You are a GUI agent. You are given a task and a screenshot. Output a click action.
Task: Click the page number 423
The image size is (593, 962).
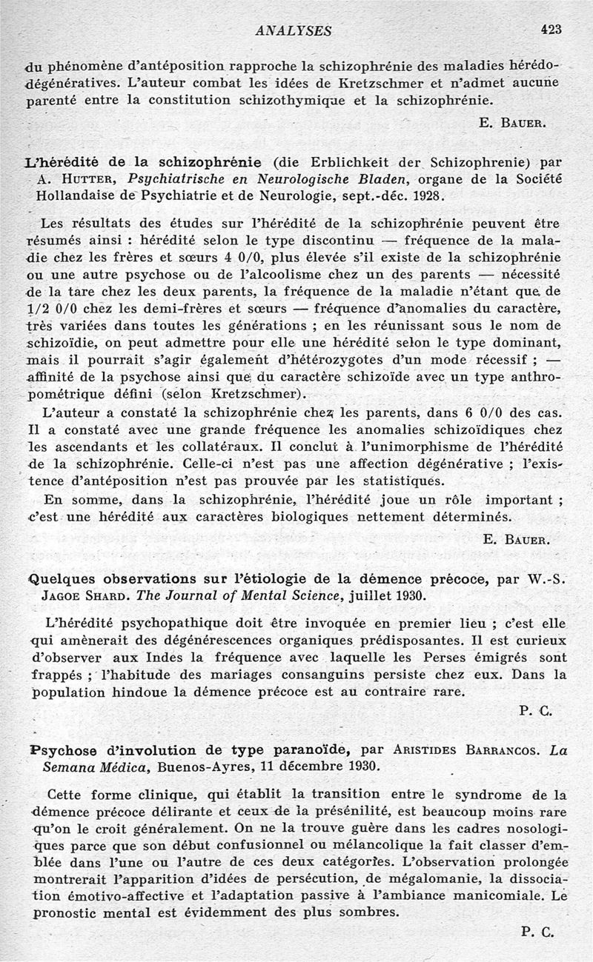pos(551,30)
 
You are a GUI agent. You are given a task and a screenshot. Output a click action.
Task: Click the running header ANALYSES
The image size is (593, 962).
pos(293,30)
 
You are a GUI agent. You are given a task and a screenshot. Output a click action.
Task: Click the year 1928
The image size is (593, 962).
pos(426,196)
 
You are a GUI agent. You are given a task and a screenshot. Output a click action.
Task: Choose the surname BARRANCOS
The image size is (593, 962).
pos(500,749)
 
